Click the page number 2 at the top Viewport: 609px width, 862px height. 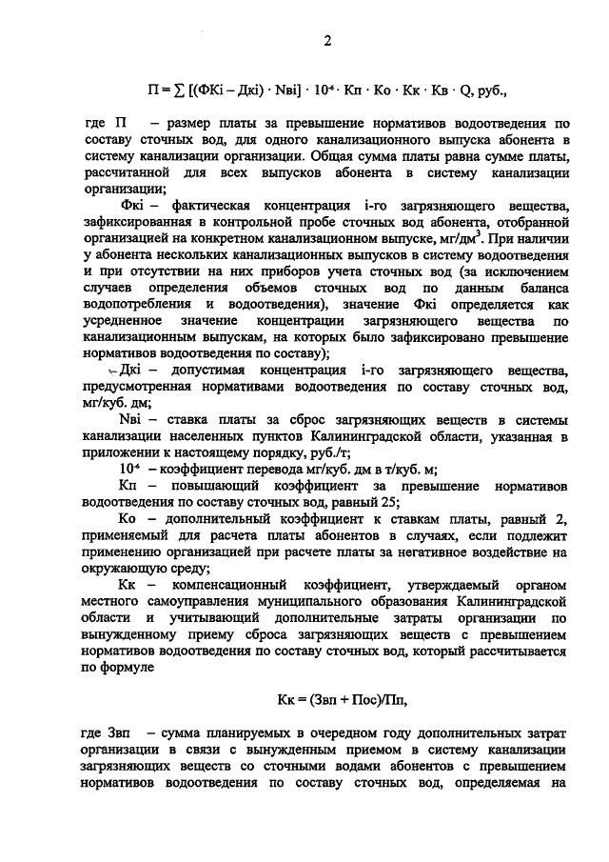326,39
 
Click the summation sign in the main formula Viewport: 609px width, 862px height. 184,92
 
